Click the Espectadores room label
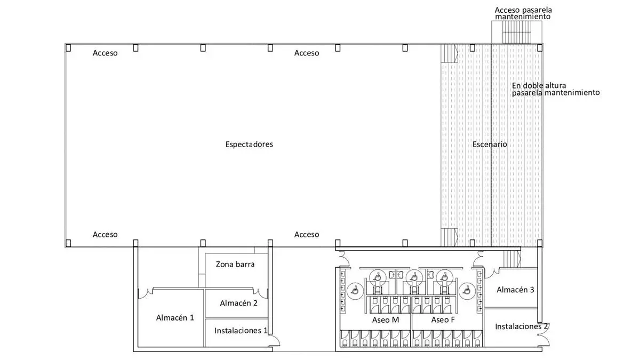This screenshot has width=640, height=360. coord(249,145)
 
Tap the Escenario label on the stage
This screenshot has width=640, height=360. coord(490,145)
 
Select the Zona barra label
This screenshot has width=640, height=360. coord(235,264)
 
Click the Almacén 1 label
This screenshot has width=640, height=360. coord(175,317)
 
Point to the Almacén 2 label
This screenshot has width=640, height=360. coord(238,303)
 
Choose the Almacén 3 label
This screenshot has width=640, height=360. coord(515,290)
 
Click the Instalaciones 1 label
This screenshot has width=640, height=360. coord(241,331)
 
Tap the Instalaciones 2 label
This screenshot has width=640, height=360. coord(521,326)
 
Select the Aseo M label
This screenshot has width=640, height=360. coord(386,320)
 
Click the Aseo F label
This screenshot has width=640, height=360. coord(443,320)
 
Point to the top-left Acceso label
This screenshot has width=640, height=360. coord(105,53)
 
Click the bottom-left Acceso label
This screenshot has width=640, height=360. coord(105,235)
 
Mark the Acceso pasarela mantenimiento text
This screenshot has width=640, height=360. coord(523,13)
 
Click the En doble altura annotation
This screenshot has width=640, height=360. coord(555,89)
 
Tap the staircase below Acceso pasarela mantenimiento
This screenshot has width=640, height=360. coord(516,33)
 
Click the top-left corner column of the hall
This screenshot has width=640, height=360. coord(68,48)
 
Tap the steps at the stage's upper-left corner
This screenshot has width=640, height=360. coord(449,53)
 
